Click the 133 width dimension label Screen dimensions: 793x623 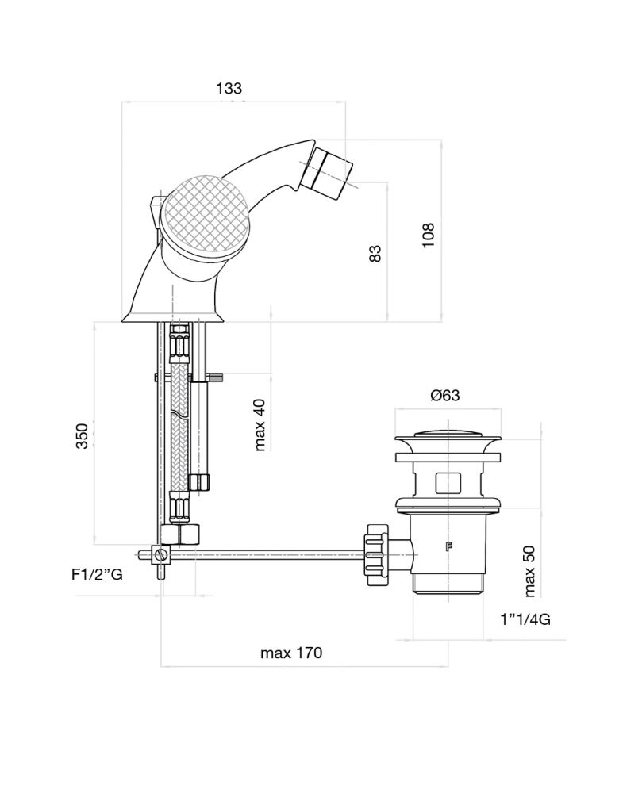tap(229, 89)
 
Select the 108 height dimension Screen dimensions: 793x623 tap(429, 236)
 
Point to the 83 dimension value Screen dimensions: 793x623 tap(375, 252)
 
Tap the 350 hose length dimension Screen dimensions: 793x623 tap(82, 436)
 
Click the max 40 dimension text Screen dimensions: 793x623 tap(260, 424)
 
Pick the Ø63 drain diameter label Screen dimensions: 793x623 tap(445, 396)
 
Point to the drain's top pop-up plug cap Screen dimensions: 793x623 tap(448, 434)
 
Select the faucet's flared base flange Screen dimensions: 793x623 tap(173, 317)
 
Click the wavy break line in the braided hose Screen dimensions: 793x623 tap(180, 413)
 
